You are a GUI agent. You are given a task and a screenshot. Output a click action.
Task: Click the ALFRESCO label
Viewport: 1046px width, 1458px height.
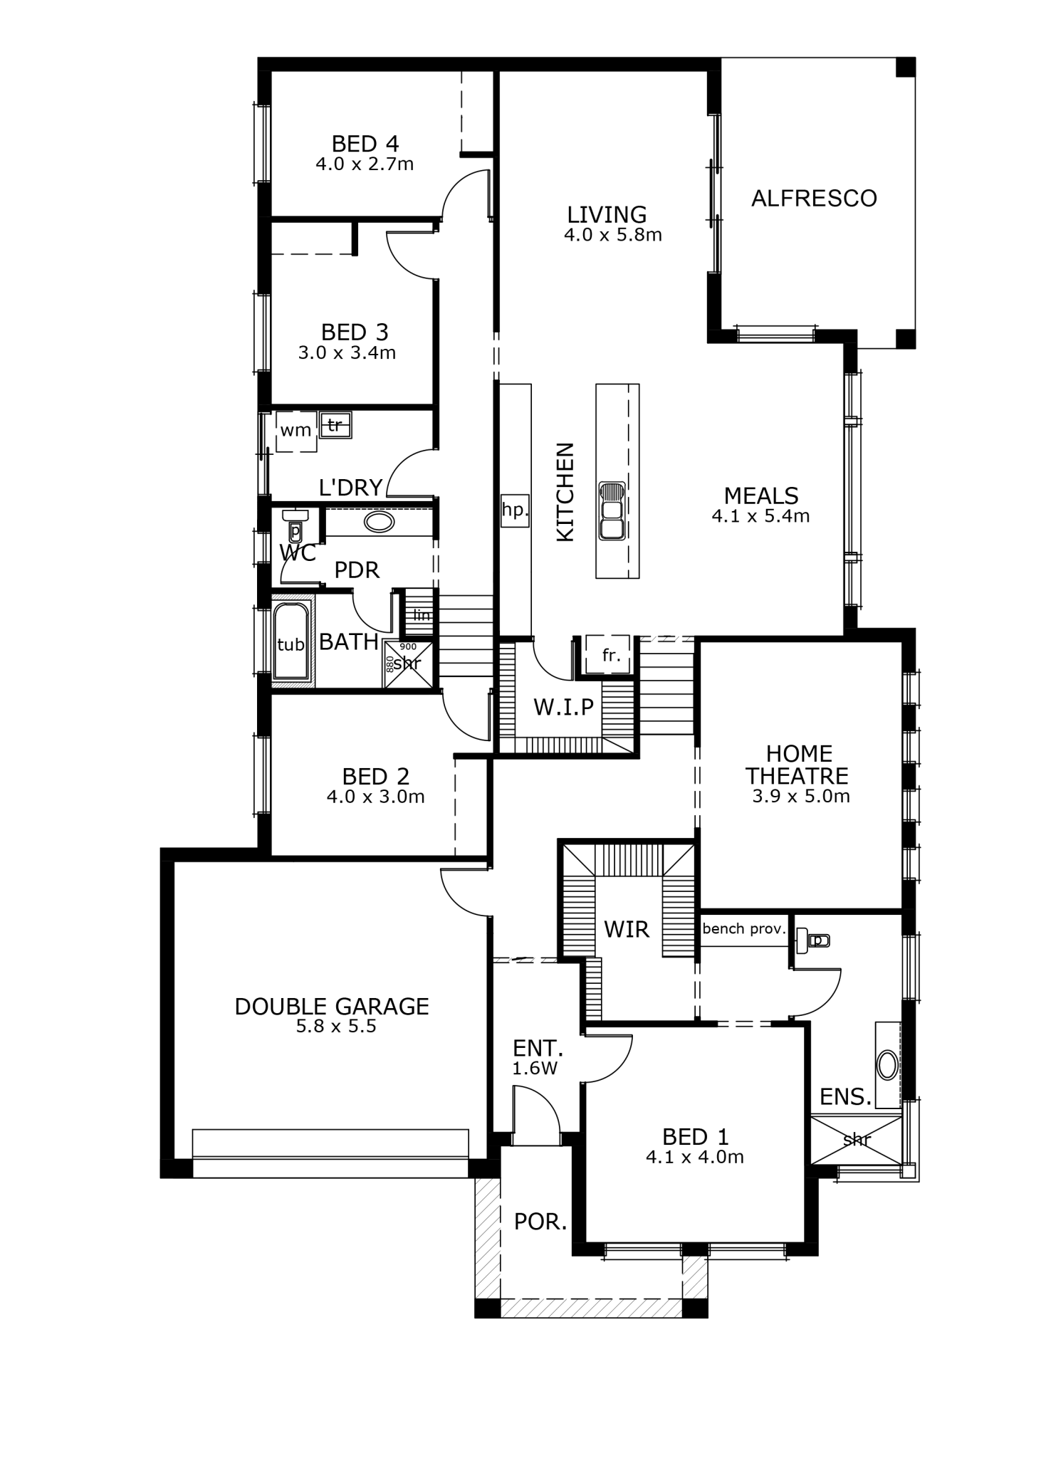click(814, 198)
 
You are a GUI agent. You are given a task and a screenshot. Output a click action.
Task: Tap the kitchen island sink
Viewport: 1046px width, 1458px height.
click(612, 510)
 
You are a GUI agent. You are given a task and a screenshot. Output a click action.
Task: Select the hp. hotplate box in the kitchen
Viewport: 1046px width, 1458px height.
click(514, 510)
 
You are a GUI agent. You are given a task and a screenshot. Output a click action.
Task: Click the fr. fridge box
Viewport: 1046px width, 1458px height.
click(607, 654)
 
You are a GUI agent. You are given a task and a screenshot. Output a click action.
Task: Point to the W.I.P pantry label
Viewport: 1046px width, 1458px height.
click(564, 707)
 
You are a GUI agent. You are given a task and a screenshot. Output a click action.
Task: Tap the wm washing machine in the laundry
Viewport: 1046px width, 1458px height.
click(296, 431)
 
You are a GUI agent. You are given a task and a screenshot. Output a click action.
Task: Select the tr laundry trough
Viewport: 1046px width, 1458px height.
click(335, 425)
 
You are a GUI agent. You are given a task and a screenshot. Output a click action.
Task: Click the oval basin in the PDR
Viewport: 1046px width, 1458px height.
click(379, 523)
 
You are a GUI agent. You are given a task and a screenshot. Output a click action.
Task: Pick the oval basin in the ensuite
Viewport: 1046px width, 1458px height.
click(888, 1066)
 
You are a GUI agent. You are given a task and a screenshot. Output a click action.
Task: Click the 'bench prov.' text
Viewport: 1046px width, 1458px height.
click(744, 928)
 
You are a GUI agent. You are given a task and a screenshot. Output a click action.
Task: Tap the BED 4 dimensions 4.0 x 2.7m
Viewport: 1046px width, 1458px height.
click(365, 164)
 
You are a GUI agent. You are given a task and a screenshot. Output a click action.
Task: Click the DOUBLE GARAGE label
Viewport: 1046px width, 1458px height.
click(332, 1006)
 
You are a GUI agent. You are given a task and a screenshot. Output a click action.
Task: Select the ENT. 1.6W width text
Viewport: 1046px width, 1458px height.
click(535, 1069)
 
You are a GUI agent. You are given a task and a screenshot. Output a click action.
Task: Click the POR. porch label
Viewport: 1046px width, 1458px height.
click(540, 1222)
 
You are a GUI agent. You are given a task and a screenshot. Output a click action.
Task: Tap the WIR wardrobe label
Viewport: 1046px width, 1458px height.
click(627, 929)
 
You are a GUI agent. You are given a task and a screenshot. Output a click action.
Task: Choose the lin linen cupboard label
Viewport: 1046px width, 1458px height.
click(422, 614)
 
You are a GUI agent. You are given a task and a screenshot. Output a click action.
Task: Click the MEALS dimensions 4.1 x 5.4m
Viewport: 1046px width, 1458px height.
click(760, 516)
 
